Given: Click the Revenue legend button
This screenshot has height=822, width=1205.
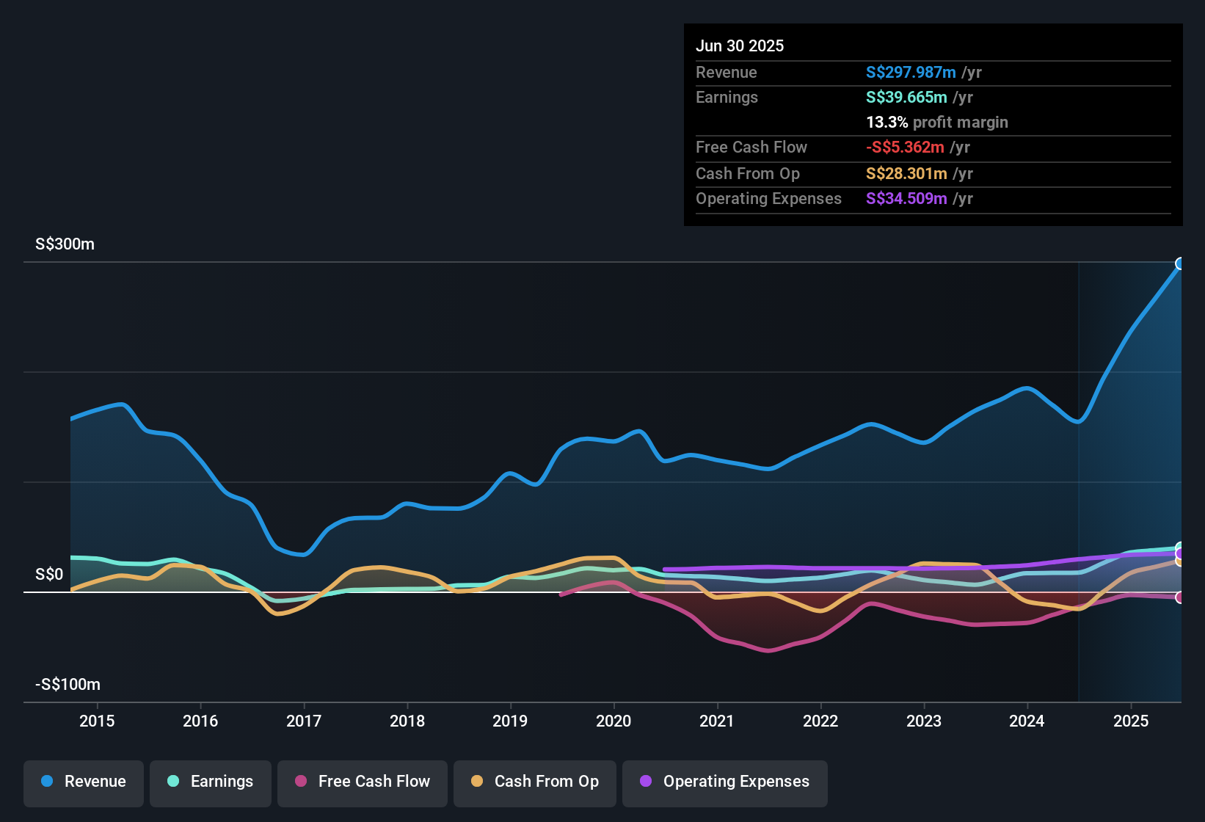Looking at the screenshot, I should pos(84,782).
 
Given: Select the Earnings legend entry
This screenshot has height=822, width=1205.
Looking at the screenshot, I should pos(211,782).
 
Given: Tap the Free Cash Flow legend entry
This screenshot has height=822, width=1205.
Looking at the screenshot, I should pos(363,782).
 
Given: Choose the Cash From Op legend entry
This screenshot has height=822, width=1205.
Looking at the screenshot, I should pos(535,782).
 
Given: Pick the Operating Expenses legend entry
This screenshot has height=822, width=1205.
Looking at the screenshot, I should pos(725,782).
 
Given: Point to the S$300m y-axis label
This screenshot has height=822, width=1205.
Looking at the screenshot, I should pos(65,244).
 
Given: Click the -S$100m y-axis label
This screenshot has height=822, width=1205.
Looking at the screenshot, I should pos(68,685).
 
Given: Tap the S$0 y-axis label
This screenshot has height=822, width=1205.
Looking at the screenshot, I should pos(49,575).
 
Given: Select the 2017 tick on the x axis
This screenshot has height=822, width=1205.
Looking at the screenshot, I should pos(304,721).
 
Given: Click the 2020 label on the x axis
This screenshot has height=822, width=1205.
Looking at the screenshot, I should pos(614,721).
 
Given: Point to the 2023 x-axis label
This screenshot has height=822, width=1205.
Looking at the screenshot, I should pos(924,721).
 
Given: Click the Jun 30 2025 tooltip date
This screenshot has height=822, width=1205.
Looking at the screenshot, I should pos(740,46).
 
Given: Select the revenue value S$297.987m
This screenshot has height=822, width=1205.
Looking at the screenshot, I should pos(911,73).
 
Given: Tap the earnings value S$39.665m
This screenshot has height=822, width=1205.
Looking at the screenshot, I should pos(906,98).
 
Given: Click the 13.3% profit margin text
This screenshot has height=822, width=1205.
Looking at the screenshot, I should pos(936,123).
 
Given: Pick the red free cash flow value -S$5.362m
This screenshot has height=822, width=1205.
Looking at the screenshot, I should pos(905,148).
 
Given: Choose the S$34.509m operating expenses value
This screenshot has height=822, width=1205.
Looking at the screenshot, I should pos(906,199).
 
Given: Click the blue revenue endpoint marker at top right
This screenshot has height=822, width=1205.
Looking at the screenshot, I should pos(1180,263).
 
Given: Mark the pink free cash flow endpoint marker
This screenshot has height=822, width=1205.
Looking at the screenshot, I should pos(1180,597).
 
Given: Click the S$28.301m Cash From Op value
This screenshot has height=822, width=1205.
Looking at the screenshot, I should pos(906,174).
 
